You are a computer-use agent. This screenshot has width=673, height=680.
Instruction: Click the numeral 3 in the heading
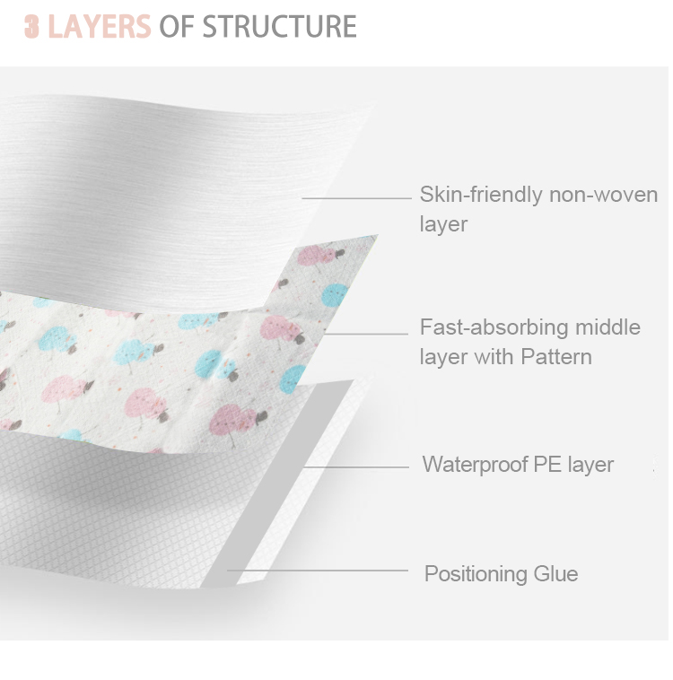31,27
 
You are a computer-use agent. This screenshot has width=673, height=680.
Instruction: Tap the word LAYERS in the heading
99,27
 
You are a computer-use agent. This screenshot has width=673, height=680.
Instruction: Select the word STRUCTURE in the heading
279,27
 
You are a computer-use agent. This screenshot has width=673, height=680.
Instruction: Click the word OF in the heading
176,27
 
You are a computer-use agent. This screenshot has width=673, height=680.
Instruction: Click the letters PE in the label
546,465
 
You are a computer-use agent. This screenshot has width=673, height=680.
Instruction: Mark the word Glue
555,574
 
